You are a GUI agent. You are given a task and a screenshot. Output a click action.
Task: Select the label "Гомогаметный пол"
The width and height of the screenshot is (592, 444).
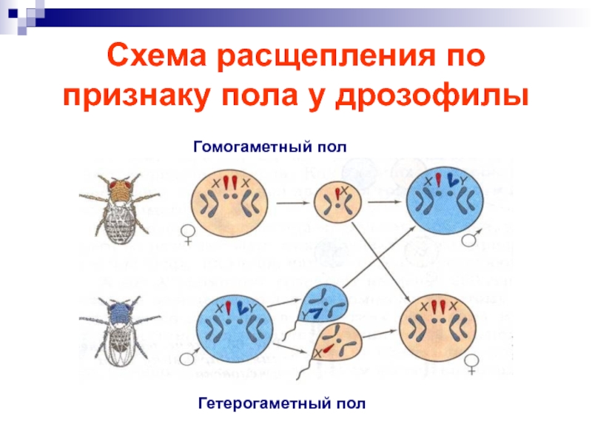[x=269, y=147]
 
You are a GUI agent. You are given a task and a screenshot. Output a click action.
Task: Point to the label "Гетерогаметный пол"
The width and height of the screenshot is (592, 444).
[x=282, y=404]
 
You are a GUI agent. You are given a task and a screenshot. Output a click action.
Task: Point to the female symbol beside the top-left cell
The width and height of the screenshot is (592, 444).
[x=189, y=235]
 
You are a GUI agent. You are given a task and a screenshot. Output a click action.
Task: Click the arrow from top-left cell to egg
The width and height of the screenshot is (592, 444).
[x=293, y=201]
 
